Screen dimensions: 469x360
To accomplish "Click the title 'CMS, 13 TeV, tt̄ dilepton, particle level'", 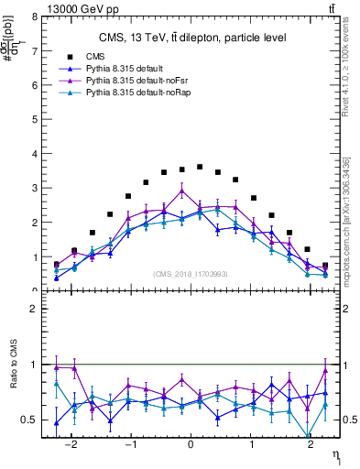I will [x=193, y=38].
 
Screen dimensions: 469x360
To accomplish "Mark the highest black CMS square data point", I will [x=200, y=167].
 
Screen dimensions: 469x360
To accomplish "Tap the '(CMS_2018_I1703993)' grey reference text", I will [x=190, y=273].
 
